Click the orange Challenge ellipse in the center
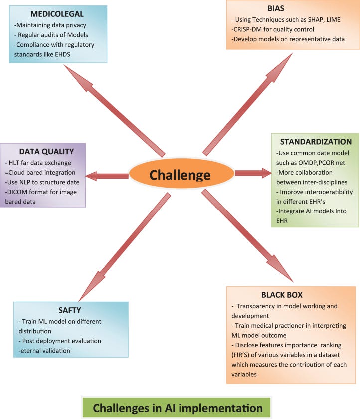pos(181,175)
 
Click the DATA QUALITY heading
pos(43,152)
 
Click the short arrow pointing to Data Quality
pos(107,175)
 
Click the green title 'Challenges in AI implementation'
pos(178,408)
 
